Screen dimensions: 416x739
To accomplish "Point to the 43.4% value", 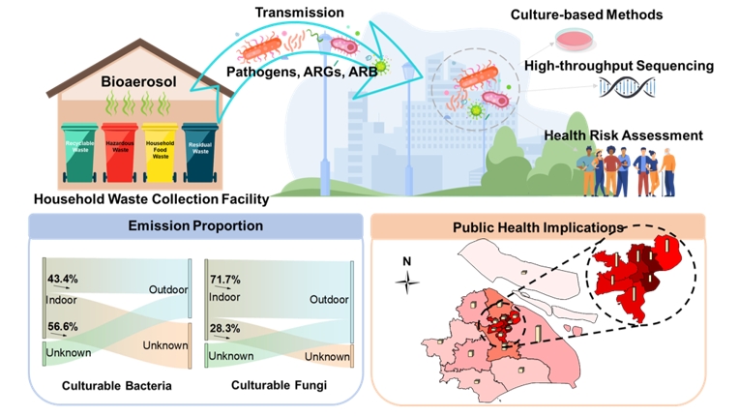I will point(63,279).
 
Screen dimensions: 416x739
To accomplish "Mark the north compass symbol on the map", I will point(409,281).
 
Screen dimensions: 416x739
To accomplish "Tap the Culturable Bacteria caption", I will point(117,386).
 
